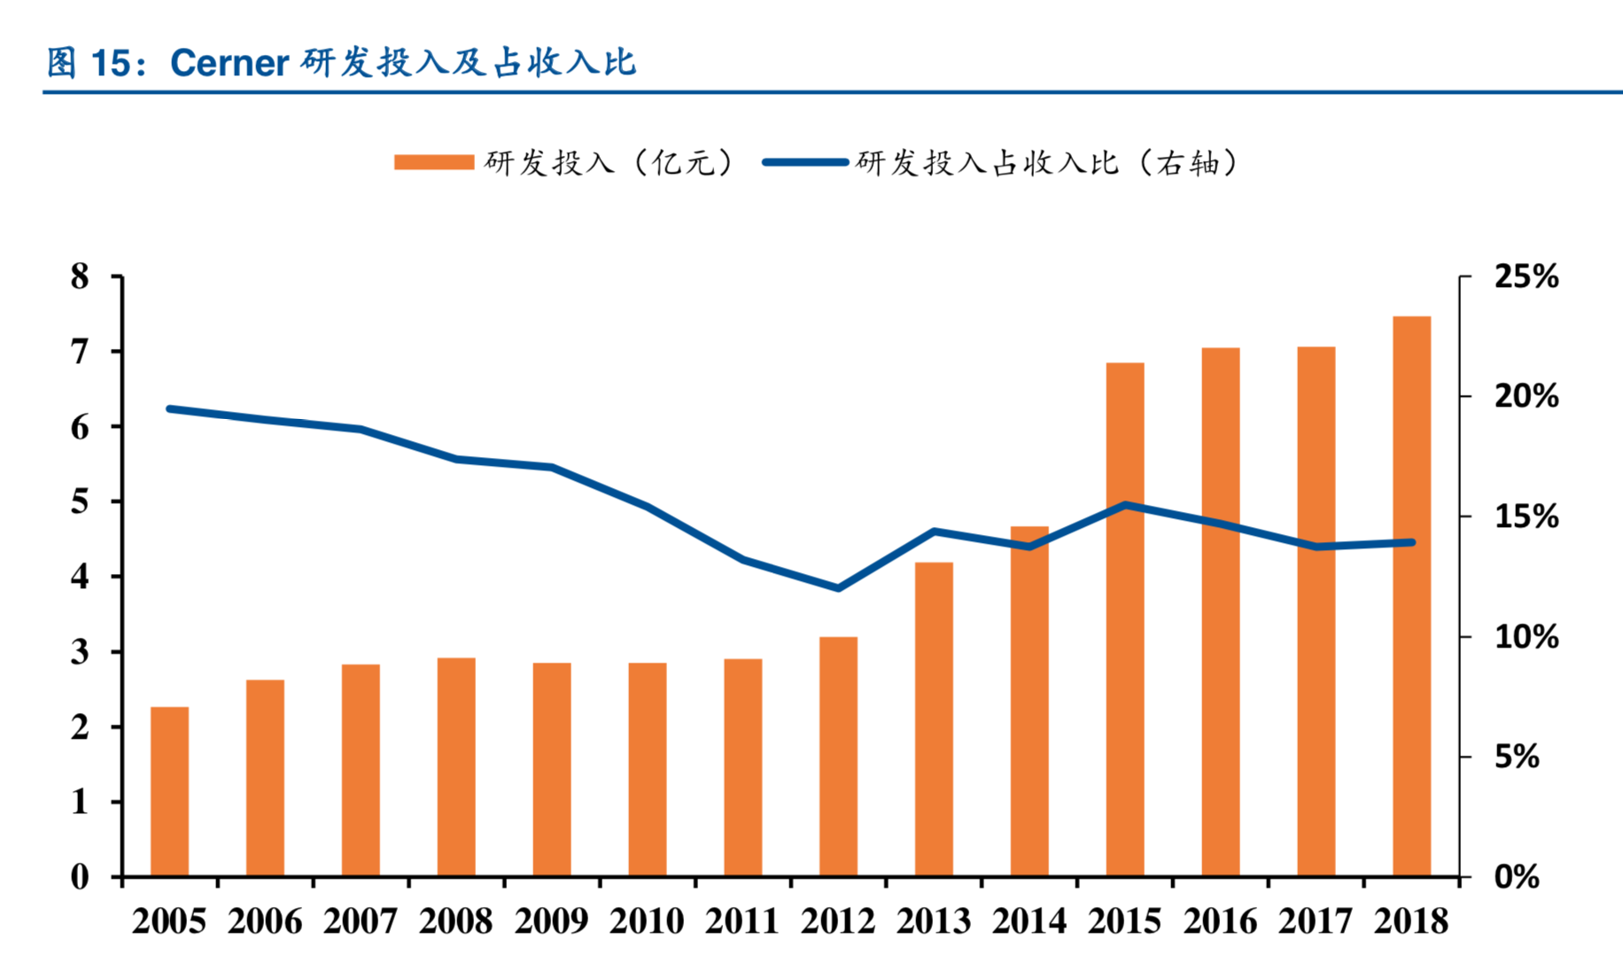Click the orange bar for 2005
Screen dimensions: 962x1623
(x=169, y=791)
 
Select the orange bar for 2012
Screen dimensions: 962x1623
(x=838, y=756)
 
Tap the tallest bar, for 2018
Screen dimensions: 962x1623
(x=1411, y=595)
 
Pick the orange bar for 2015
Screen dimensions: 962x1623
(x=1125, y=619)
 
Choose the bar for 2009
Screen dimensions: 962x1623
(x=552, y=769)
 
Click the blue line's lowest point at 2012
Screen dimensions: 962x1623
(x=838, y=588)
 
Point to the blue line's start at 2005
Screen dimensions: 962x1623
(x=169, y=409)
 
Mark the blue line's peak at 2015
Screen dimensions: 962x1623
(x=1125, y=505)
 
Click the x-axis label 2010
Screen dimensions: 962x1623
(x=647, y=921)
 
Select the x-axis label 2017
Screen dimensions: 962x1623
(x=1316, y=921)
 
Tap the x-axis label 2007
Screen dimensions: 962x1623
(x=361, y=921)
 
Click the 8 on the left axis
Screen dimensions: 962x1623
(x=81, y=276)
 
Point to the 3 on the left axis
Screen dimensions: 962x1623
(x=81, y=652)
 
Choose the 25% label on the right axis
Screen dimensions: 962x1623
(x=1526, y=276)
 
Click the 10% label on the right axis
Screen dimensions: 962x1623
(x=1526, y=636)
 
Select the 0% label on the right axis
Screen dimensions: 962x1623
(x=1517, y=877)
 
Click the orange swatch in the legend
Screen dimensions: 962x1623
(x=434, y=162)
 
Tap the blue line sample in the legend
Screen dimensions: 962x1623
(x=805, y=162)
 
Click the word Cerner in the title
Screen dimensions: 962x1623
(x=229, y=63)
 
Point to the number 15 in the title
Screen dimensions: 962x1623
(x=111, y=63)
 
